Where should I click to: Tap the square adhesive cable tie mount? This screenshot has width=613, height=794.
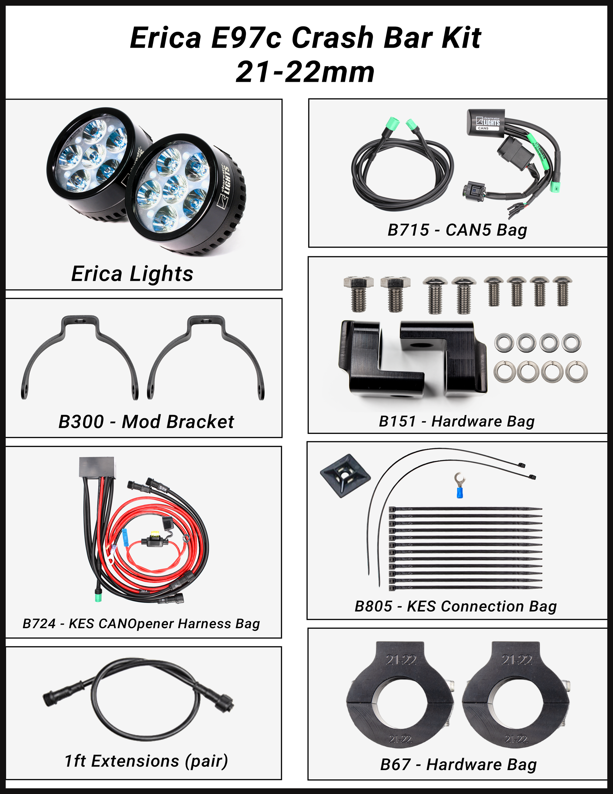pyautogui.click(x=345, y=475)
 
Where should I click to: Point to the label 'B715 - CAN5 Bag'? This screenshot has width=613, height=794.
pyautogui.click(x=457, y=230)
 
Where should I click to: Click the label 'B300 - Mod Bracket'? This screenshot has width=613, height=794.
pyautogui.click(x=146, y=422)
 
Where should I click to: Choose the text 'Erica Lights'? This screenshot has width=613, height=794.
pyautogui.click(x=132, y=274)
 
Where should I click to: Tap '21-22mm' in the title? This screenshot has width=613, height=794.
pyautogui.click(x=305, y=72)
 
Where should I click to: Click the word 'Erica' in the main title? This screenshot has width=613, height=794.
pyautogui.click(x=166, y=37)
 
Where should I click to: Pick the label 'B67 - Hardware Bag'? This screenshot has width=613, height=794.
pyautogui.click(x=458, y=764)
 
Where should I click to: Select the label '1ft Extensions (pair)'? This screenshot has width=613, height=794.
pyautogui.click(x=146, y=761)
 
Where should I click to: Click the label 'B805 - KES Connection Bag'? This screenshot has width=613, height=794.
pyautogui.click(x=456, y=606)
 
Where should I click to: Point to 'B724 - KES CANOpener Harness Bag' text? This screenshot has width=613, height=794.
pyautogui.click(x=141, y=623)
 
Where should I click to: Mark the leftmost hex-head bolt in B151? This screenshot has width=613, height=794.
pyautogui.click(x=358, y=294)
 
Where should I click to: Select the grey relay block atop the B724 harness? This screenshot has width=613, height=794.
pyautogui.click(x=97, y=468)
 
